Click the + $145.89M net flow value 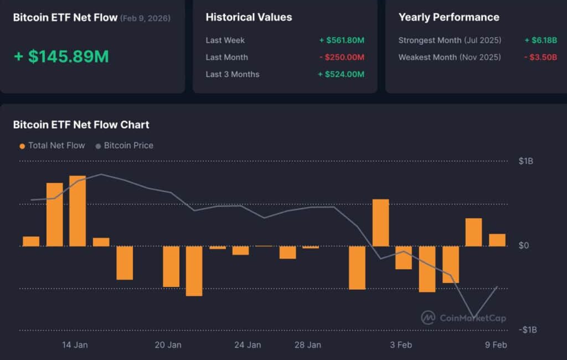(x=61, y=56)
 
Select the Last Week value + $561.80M (x=341, y=40)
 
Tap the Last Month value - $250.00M (x=341, y=58)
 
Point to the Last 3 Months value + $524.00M (x=341, y=75)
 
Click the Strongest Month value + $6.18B (x=540, y=40)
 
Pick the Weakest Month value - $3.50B (x=540, y=58)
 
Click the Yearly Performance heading (x=449, y=17)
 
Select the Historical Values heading (x=249, y=17)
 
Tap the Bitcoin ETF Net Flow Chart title (x=81, y=125)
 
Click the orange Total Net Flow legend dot (x=22, y=146)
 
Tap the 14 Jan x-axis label (x=75, y=345)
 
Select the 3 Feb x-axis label (x=400, y=345)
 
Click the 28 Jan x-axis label (x=307, y=345)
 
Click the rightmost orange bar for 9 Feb (x=497, y=240)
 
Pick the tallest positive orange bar (x=78, y=210)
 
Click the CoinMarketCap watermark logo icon (x=427, y=317)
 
